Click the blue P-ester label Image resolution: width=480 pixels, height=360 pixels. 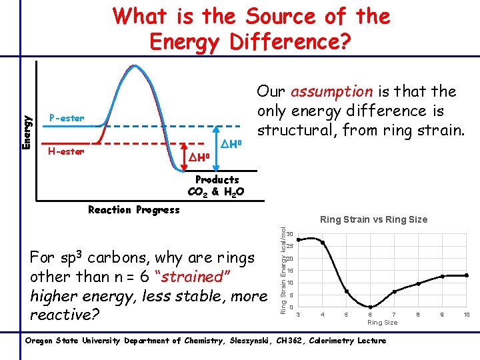(x=67, y=119)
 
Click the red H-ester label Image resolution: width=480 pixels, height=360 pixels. (x=67, y=151)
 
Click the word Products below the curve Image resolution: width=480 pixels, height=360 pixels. (x=217, y=180)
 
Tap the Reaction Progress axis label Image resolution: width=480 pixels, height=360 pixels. (x=134, y=210)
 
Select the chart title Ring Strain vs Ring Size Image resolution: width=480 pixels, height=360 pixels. (x=373, y=219)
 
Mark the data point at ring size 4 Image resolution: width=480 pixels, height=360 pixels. (x=323, y=243)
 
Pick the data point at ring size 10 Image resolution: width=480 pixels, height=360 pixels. (x=467, y=275)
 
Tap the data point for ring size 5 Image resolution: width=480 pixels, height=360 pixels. (x=347, y=291)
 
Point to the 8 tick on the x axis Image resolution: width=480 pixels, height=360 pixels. (x=419, y=313)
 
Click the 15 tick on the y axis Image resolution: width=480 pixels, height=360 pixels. (x=291, y=271)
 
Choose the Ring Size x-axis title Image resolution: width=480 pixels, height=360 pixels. (x=382, y=323)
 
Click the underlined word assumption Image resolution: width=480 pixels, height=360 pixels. (x=331, y=91)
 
